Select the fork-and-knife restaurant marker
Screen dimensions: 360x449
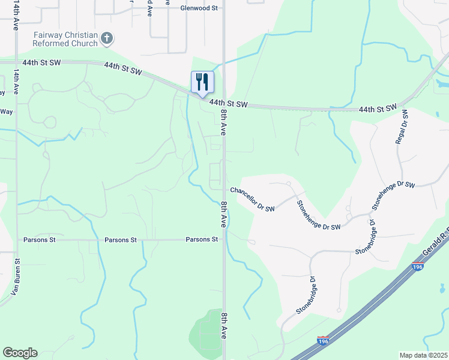point(202,82)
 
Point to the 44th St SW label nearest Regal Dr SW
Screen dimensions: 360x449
point(378,109)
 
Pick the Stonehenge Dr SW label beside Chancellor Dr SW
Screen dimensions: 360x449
point(319,214)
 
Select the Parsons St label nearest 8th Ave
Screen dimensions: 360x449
point(202,239)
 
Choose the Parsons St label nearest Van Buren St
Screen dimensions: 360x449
point(40,240)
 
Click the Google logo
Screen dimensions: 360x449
point(20,353)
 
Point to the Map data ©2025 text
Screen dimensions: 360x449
point(423,355)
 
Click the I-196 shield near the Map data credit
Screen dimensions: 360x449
point(324,341)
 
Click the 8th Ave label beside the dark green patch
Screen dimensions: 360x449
point(224,325)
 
